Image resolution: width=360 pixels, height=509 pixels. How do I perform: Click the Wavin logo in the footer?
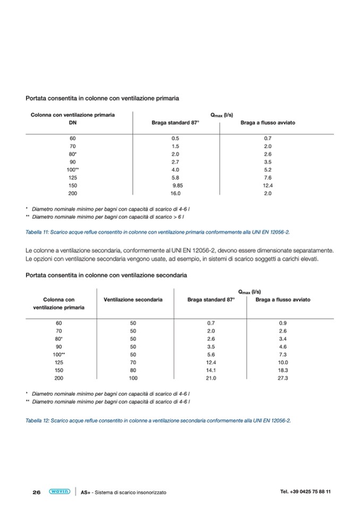(59, 491)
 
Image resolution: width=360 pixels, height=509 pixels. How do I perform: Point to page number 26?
(37, 492)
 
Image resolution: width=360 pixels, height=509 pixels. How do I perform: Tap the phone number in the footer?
(305, 491)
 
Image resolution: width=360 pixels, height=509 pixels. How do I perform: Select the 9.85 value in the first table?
(177, 185)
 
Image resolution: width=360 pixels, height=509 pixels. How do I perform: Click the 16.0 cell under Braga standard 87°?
(175, 193)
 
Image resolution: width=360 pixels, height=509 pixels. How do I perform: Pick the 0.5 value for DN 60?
(175, 138)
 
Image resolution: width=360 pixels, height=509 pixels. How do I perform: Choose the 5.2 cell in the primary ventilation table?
(268, 169)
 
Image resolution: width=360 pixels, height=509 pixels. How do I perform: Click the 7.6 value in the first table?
(268, 177)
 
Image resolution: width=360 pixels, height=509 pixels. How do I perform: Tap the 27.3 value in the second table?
(283, 378)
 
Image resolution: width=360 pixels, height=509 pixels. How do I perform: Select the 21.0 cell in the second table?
(211, 378)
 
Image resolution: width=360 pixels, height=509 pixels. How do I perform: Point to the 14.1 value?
(211, 370)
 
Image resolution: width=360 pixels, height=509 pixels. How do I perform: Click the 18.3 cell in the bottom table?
(283, 370)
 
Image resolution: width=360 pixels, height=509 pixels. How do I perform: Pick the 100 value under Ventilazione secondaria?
(133, 378)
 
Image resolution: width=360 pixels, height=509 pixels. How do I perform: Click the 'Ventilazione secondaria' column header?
(133, 300)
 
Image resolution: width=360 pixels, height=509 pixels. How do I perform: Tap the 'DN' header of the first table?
(73, 123)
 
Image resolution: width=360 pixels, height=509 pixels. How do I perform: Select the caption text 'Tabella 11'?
(37, 232)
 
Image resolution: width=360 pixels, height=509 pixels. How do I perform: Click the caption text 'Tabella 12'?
(37, 420)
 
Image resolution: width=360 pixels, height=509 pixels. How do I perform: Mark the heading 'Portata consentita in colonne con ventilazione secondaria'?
(106, 275)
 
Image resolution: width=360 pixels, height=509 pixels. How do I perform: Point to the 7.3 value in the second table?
(283, 354)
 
